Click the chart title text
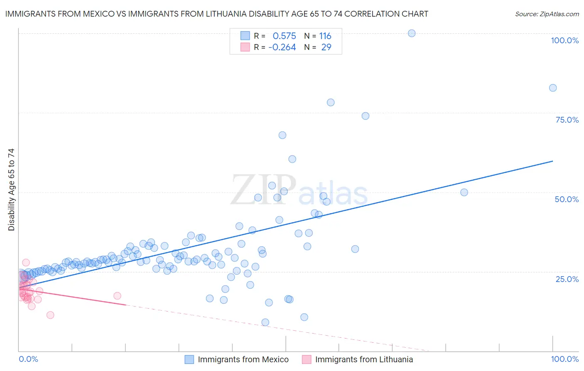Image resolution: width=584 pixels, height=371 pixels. coord(216,14)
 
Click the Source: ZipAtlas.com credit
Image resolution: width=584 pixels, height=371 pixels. coord(547,14)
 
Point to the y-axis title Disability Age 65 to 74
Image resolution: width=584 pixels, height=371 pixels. coord(11,190)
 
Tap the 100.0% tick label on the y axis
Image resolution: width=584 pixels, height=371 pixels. coord(564,40)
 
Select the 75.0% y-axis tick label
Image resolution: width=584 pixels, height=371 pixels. coord(567,120)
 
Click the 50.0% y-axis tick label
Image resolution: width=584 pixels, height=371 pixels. coord(567,199)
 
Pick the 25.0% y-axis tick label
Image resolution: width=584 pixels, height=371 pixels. coord(567,279)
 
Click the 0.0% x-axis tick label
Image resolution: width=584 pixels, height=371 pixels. coord(28,359)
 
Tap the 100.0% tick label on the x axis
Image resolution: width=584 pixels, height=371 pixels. coord(564,359)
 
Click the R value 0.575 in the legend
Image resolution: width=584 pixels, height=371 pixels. coord(284,36)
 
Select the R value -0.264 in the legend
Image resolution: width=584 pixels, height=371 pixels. coord(282,47)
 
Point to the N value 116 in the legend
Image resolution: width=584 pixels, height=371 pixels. coord(325,36)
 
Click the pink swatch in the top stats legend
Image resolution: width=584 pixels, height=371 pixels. coord(245,47)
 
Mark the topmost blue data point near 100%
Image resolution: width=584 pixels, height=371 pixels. coord(412,33)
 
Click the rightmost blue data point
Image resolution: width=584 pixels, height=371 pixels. coord(553,88)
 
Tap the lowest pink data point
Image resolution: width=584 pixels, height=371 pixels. coord(50,315)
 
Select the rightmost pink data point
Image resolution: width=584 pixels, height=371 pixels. coord(117,296)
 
